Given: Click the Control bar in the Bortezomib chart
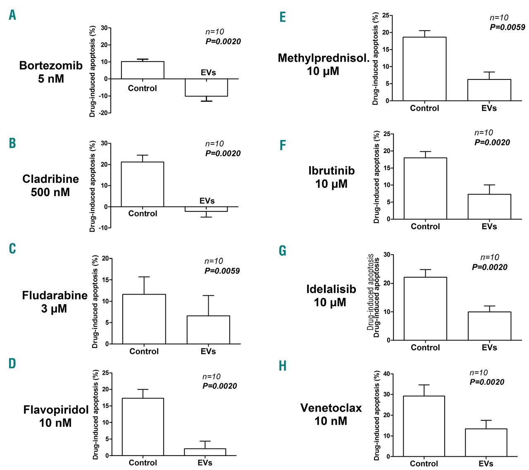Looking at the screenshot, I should tap(143, 70).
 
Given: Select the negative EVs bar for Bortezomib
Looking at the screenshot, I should tap(206, 87).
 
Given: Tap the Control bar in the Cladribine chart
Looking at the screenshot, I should tap(143, 184).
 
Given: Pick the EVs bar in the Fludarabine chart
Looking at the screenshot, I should tap(208, 330).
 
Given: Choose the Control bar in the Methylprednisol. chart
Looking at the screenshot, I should tap(424, 69).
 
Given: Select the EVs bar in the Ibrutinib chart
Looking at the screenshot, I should tap(489, 206).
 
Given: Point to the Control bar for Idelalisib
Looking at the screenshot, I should tap(425, 309).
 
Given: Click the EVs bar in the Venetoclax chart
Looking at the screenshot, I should tap(486, 443).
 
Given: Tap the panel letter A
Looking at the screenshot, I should tap(12, 15).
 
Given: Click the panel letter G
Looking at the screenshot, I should tap(283, 251).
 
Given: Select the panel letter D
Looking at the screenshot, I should tap(12, 364).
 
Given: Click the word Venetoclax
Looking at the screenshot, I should tap(331, 408).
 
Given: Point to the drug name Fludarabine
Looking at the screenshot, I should tap(55, 295).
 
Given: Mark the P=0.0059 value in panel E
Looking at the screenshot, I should tap(508, 27).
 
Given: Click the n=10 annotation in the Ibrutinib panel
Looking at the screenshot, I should tap(484, 133).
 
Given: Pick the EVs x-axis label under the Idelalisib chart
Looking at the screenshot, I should tap(489, 348).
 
